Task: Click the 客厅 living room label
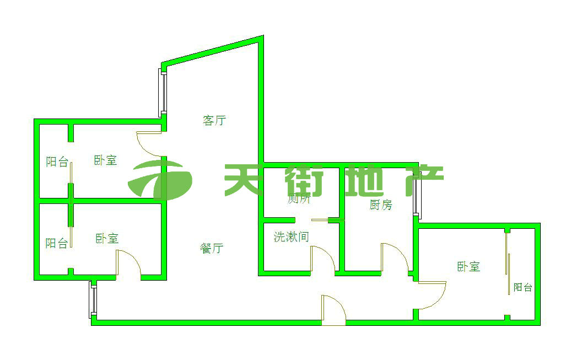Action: pyautogui.click(x=214, y=120)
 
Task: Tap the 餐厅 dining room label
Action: pyautogui.click(x=211, y=248)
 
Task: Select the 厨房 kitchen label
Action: pyautogui.click(x=381, y=205)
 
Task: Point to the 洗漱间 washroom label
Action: pyautogui.click(x=291, y=237)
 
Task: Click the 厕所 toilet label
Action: pyautogui.click(x=299, y=199)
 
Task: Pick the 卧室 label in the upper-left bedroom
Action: pyautogui.click(x=105, y=160)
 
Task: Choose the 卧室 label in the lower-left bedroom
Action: pyautogui.click(x=107, y=239)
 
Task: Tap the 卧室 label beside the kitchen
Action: pyautogui.click(x=468, y=267)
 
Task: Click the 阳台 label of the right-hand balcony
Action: pyautogui.click(x=522, y=287)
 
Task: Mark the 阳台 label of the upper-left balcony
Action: pyautogui.click(x=57, y=162)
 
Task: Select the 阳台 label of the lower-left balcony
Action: pyautogui.click(x=56, y=243)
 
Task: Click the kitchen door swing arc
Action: pyautogui.click(x=395, y=256)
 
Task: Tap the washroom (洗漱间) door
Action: pyautogui.click(x=323, y=259)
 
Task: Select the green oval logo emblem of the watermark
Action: pyautogui.click(x=160, y=180)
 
